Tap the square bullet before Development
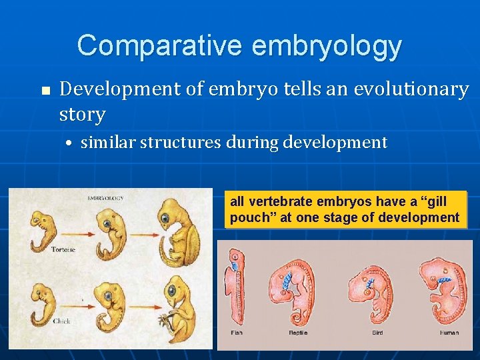tap(44, 91)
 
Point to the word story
tap(82, 114)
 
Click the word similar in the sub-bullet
tap(111, 142)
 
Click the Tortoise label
tap(63, 249)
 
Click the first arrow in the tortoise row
tap(73, 234)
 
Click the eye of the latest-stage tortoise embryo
tap(164, 219)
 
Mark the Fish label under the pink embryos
tap(237, 332)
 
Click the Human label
tap(449, 332)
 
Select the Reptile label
tap(297, 332)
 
